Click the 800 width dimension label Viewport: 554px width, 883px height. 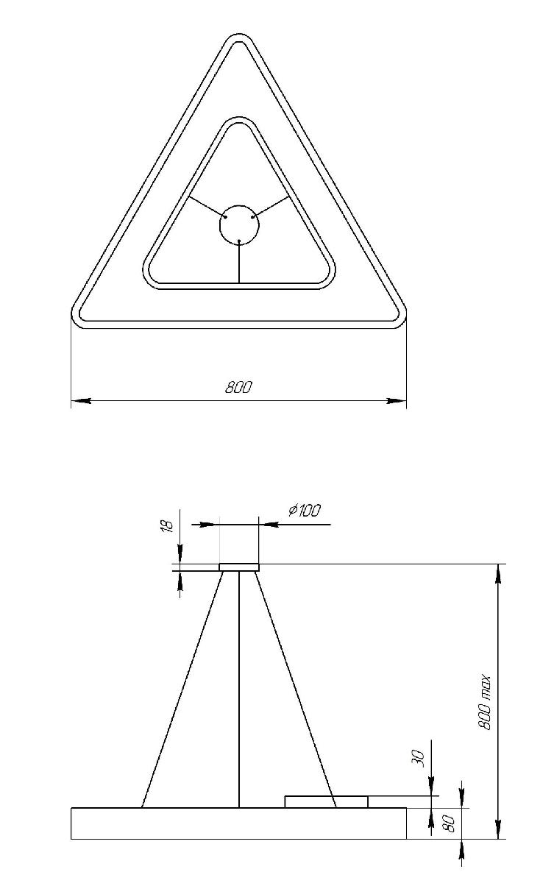[238, 387]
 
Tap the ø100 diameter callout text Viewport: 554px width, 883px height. [305, 510]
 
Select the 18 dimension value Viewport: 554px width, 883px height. [166, 527]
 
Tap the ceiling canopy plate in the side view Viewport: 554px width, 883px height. [239, 567]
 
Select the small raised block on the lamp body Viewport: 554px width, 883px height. [326, 801]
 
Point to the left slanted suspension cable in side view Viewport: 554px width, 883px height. [182, 688]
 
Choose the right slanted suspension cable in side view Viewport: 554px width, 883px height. [296, 688]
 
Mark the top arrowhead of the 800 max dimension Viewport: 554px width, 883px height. [499, 574]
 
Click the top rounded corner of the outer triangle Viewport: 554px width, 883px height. [238, 38]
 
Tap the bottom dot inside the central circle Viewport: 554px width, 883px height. [239, 241]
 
